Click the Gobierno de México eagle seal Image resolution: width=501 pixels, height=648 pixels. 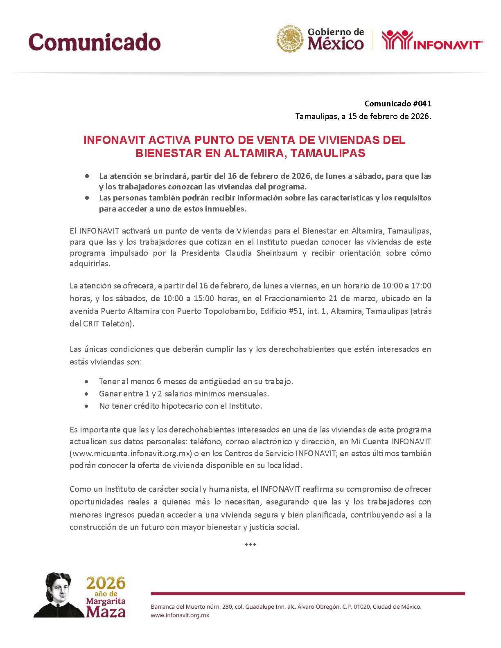click(291, 40)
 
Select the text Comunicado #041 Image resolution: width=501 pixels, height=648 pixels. click(398, 104)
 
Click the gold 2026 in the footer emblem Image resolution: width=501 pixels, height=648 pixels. click(106, 583)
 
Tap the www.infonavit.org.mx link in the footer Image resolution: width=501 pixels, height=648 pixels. click(180, 615)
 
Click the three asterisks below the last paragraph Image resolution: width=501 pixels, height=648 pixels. click(250, 545)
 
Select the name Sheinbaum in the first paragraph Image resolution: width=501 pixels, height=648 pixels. click(277, 253)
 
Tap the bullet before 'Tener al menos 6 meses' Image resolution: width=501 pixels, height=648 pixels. click(86, 381)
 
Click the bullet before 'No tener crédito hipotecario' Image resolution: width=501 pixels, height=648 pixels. click(86, 406)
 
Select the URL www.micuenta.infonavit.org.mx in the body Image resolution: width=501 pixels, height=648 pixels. click(131, 453)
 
